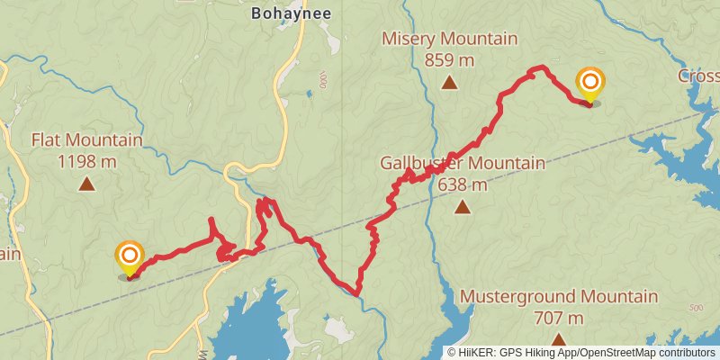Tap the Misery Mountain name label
click(x=450, y=40)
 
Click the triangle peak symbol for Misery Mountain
click(x=449, y=84)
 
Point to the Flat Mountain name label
click(x=86, y=140)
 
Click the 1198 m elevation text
click(x=86, y=162)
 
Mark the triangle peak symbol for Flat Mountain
click(x=86, y=184)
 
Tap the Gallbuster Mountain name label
click(x=463, y=164)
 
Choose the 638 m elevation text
click(x=463, y=185)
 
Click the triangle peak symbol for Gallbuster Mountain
click(x=462, y=208)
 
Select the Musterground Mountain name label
click(x=559, y=297)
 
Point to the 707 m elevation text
click(x=559, y=318)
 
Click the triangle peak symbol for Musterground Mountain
click(x=559, y=340)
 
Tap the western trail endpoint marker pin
click(x=130, y=257)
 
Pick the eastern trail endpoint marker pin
click(x=590, y=85)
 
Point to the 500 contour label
click(x=695, y=308)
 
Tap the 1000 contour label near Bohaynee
click(x=321, y=82)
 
